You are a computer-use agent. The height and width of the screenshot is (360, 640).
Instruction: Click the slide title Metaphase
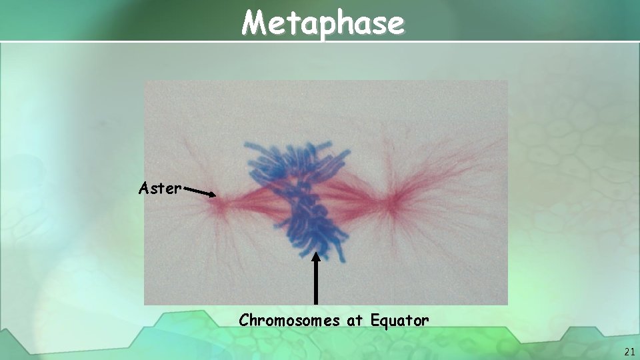[x=323, y=23]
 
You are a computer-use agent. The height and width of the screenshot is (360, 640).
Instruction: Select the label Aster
[x=159, y=189]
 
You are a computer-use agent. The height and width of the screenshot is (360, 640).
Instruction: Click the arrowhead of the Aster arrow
[x=213, y=195]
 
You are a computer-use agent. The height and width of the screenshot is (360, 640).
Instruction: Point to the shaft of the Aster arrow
[x=197, y=192]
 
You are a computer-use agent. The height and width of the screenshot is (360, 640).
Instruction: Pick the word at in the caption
[x=353, y=321]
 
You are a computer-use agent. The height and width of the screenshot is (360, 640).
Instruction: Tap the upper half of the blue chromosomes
[x=293, y=163]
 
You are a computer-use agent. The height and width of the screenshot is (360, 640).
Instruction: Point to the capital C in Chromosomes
[x=243, y=321]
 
